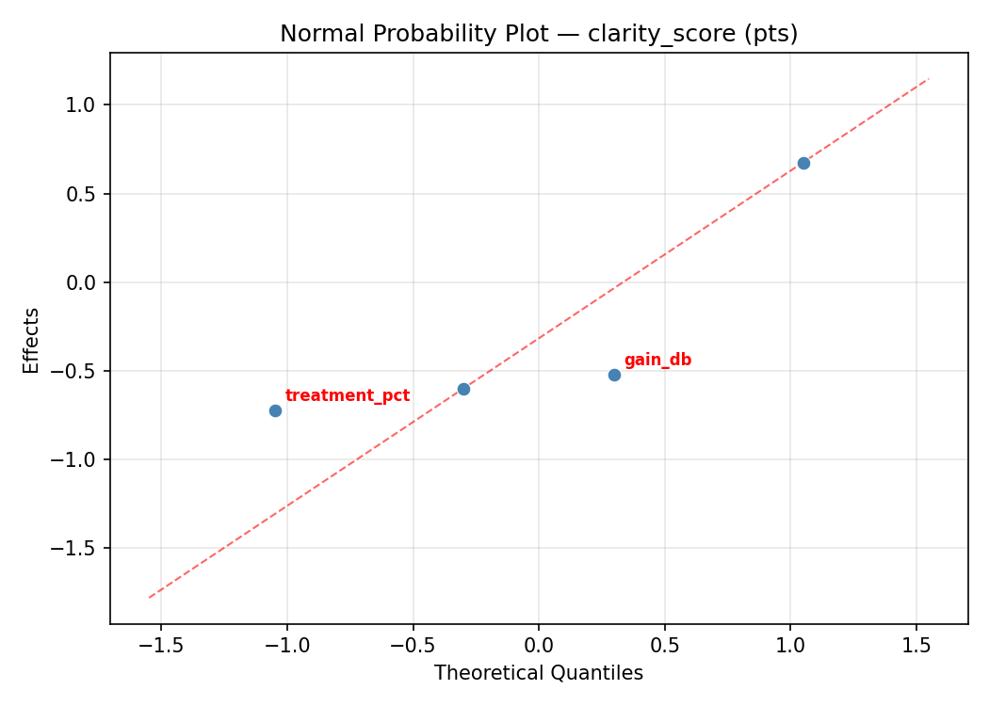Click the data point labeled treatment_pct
click(x=275, y=410)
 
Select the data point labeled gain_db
click(x=614, y=375)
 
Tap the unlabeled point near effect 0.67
click(x=803, y=163)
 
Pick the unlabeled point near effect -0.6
click(x=463, y=389)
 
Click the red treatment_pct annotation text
click(x=348, y=396)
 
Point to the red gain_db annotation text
click(x=657, y=361)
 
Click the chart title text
click(x=539, y=34)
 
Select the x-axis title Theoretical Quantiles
click(x=539, y=673)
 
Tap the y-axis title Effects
click(x=32, y=340)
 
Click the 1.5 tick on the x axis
click(x=916, y=647)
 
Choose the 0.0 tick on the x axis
click(x=539, y=647)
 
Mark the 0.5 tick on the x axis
click(x=664, y=647)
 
